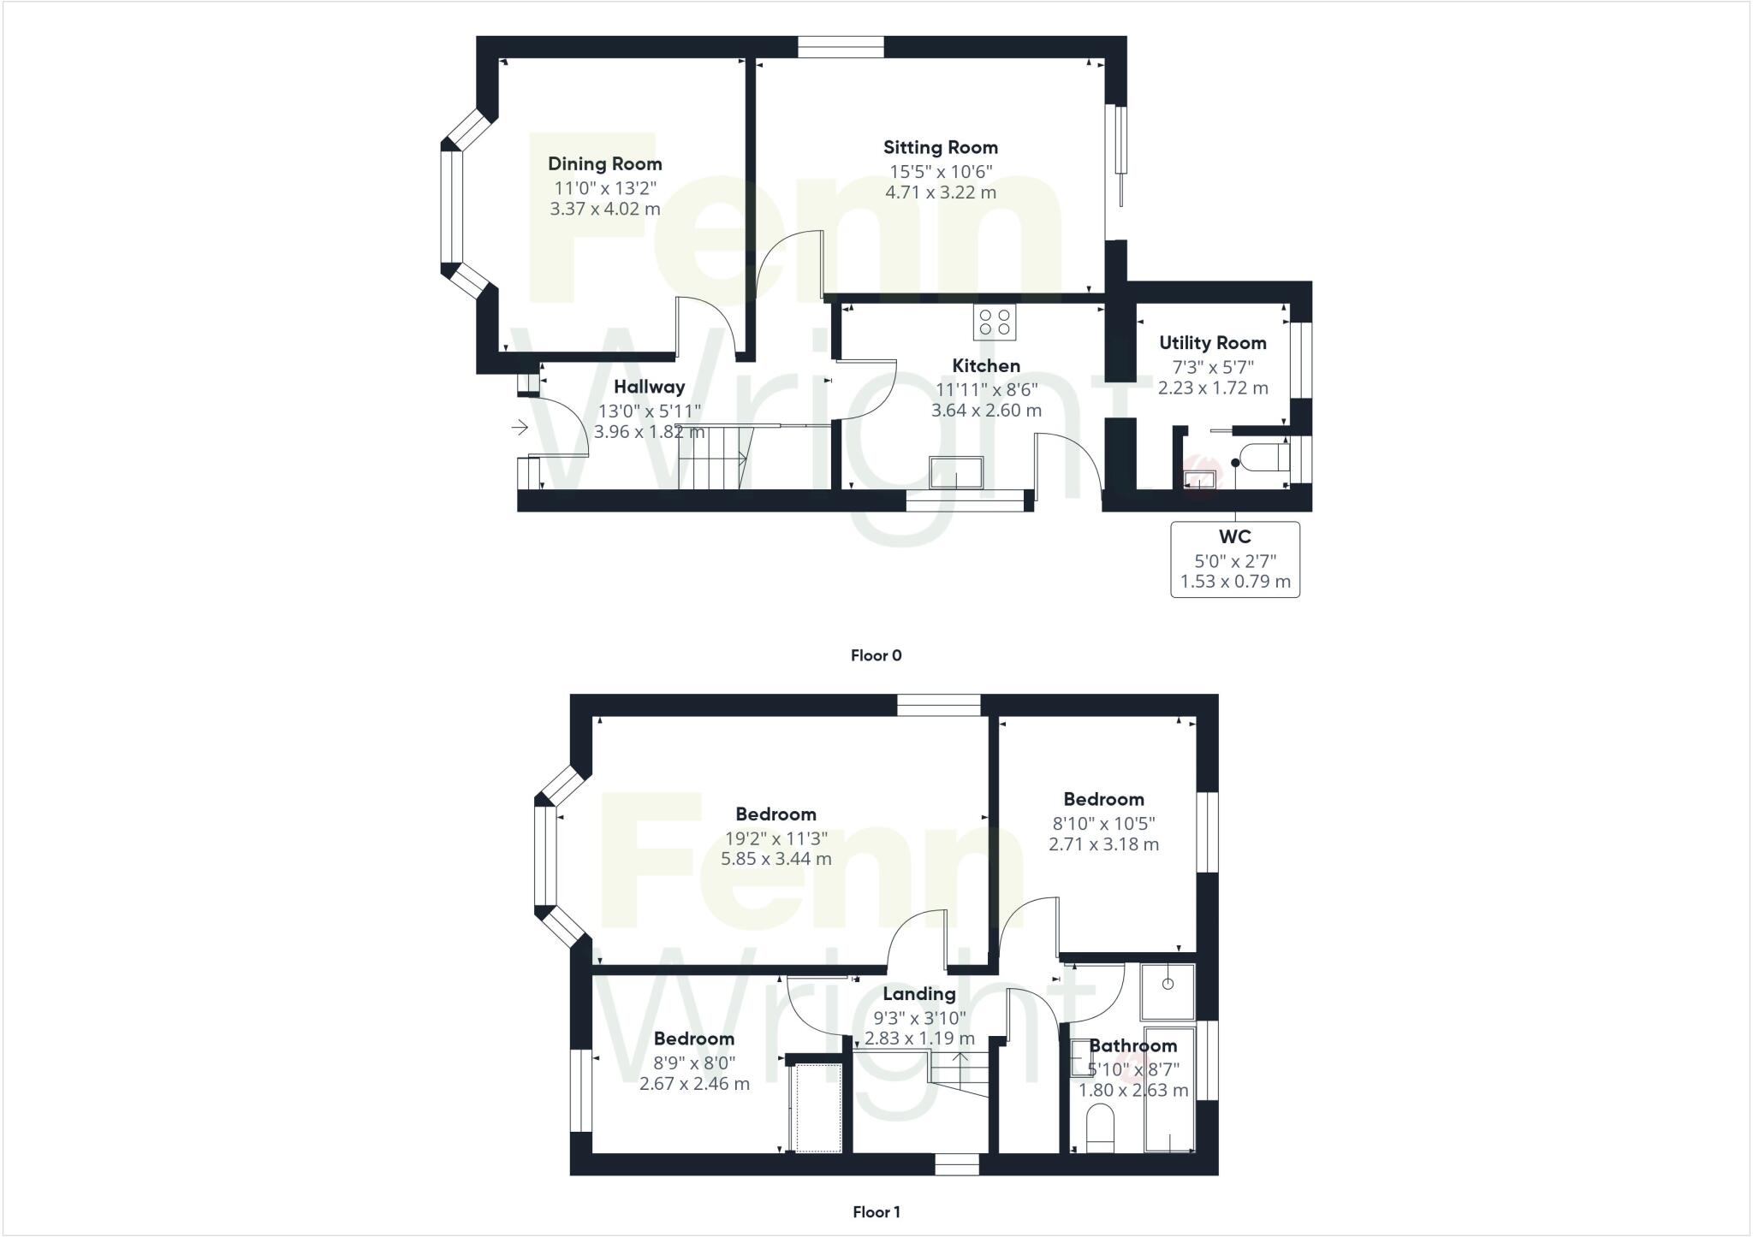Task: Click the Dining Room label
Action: [x=604, y=164]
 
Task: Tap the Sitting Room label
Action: [x=940, y=148]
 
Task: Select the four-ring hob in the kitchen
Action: [x=994, y=323]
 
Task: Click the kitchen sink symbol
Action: [x=956, y=472]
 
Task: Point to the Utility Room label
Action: [x=1212, y=343]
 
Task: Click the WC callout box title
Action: [x=1234, y=537]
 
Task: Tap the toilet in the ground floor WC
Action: [x=1266, y=459]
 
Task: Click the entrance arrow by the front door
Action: [x=520, y=427]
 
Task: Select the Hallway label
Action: [x=649, y=388]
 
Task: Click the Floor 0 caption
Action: [x=876, y=656]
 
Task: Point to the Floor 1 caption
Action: [x=876, y=1212]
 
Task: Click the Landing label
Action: [x=918, y=994]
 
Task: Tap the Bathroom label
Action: [x=1132, y=1046]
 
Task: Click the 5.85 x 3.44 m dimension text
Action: [x=775, y=859]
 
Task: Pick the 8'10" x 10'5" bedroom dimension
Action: [x=1103, y=824]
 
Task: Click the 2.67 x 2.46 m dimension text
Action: [x=694, y=1084]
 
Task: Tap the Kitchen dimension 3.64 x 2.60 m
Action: [x=986, y=411]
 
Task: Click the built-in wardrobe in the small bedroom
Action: [x=817, y=1107]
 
